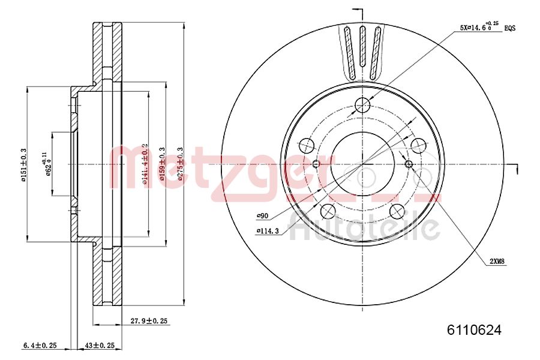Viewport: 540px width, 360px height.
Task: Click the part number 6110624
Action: tap(474, 329)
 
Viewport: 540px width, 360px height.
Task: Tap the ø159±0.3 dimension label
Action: tap(161, 163)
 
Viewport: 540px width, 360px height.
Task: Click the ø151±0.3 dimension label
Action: tap(24, 164)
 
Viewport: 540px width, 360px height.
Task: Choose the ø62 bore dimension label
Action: tap(46, 164)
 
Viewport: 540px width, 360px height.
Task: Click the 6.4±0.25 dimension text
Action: tap(40, 346)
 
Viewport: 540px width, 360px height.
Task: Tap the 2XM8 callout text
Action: tap(497, 261)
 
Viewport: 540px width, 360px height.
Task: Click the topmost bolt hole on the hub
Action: tap(362, 106)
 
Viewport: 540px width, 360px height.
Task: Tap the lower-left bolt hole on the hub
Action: tap(328, 211)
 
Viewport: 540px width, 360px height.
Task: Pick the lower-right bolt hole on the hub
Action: tap(397, 211)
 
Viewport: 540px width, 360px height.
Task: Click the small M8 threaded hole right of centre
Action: tap(409, 164)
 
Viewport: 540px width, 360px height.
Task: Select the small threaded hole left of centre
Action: tap(316, 164)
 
